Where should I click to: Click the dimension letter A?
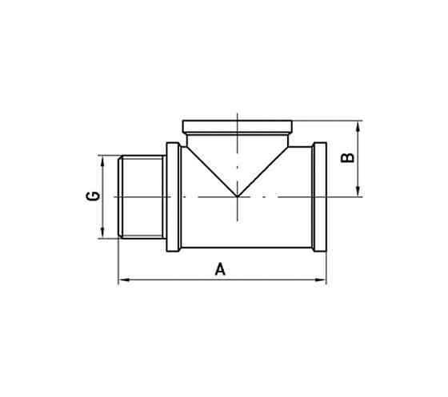click(x=220, y=270)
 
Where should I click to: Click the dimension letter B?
click(x=346, y=157)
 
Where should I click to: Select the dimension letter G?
click(x=94, y=196)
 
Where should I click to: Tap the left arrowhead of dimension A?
click(x=122, y=280)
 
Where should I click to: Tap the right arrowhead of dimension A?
click(x=322, y=280)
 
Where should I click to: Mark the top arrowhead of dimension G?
click(x=102, y=160)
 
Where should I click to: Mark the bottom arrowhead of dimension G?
click(x=102, y=232)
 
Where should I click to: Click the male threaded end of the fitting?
click(x=141, y=197)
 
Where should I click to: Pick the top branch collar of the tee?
click(x=239, y=126)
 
